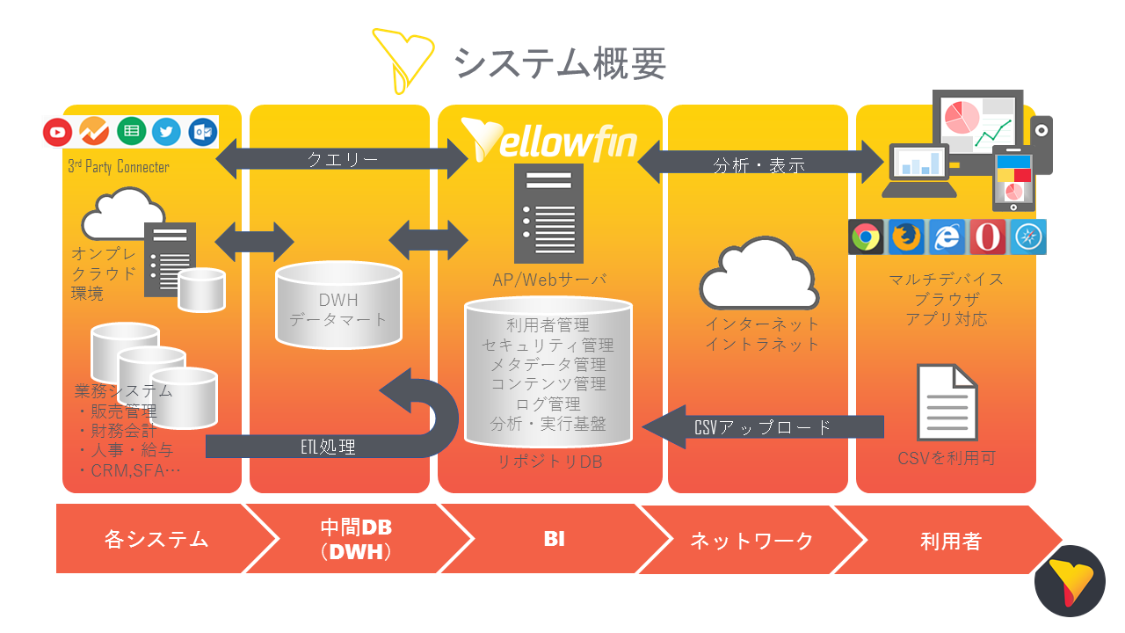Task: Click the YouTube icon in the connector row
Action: click(58, 132)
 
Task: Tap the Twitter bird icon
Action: click(166, 132)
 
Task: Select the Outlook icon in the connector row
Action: click(202, 132)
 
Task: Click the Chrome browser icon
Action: click(866, 236)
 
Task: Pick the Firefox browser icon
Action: click(906, 236)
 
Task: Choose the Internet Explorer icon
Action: click(947, 236)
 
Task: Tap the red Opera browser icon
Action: click(987, 236)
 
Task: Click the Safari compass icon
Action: click(1027, 236)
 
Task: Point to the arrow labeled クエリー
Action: click(342, 159)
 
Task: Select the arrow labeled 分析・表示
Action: click(759, 164)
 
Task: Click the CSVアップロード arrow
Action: click(763, 427)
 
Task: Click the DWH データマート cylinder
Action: click(338, 303)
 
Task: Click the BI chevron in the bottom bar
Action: click(554, 539)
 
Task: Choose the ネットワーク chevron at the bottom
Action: click(751, 539)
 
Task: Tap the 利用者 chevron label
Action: click(950, 539)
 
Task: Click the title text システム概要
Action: click(560, 62)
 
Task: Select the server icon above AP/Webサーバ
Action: click(549, 213)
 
